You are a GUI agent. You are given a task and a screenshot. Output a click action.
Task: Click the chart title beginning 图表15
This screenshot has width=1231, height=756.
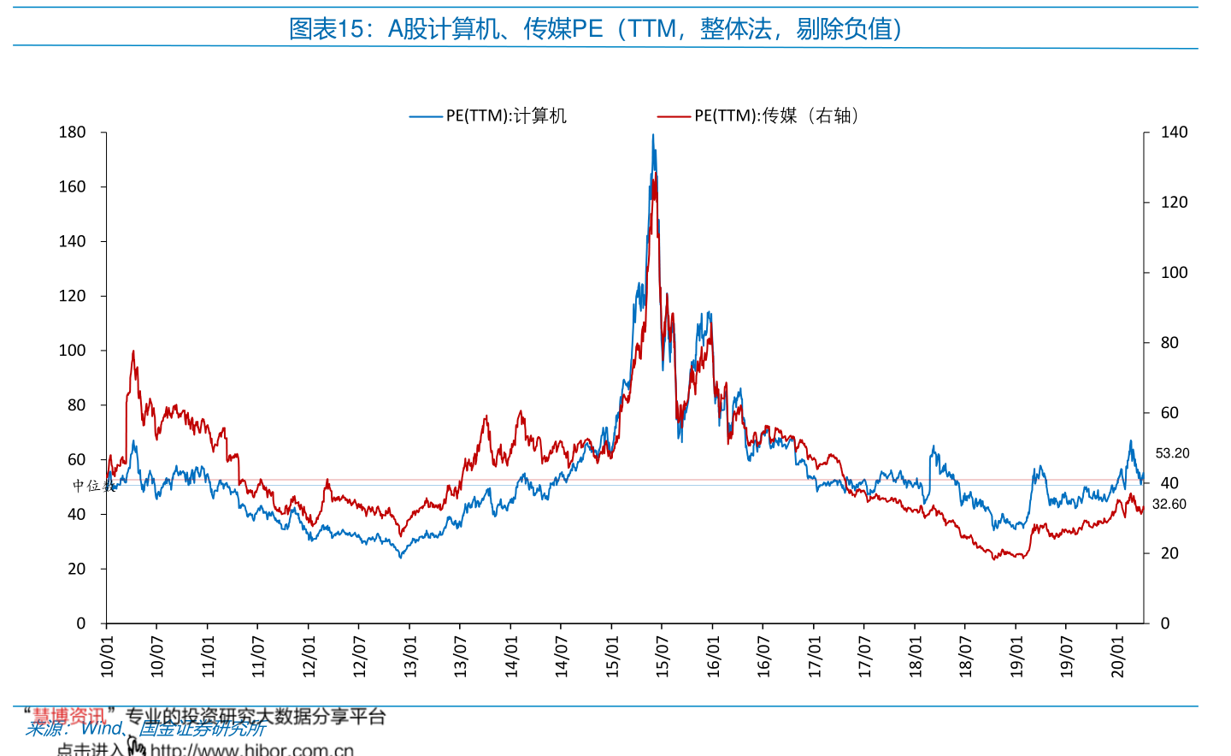click(x=596, y=28)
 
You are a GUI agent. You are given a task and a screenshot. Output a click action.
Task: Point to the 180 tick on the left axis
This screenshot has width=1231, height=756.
click(x=73, y=133)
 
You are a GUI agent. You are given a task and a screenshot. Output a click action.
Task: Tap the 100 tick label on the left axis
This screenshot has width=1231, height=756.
click(x=73, y=351)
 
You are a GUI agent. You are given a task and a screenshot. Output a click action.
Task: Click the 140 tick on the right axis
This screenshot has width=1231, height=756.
click(x=1174, y=133)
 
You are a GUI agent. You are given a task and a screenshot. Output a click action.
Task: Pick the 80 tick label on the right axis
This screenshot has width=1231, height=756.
click(x=1169, y=343)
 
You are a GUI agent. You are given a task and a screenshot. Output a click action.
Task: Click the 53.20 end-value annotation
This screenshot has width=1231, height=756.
click(x=1172, y=453)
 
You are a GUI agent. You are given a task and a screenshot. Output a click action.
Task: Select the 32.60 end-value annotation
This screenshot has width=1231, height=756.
click(x=1169, y=505)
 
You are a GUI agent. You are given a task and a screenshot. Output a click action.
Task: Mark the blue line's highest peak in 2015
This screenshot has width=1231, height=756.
click(x=653, y=135)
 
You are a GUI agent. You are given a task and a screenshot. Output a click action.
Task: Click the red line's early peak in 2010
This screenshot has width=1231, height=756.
click(x=133, y=351)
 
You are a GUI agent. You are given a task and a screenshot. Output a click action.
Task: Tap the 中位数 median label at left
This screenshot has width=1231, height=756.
click(x=93, y=486)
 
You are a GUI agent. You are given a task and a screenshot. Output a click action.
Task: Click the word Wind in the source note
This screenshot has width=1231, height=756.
click(x=101, y=729)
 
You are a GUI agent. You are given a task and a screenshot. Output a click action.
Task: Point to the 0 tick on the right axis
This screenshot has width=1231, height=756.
click(x=1164, y=623)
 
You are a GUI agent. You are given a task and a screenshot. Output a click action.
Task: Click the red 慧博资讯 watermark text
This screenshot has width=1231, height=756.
click(x=68, y=716)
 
